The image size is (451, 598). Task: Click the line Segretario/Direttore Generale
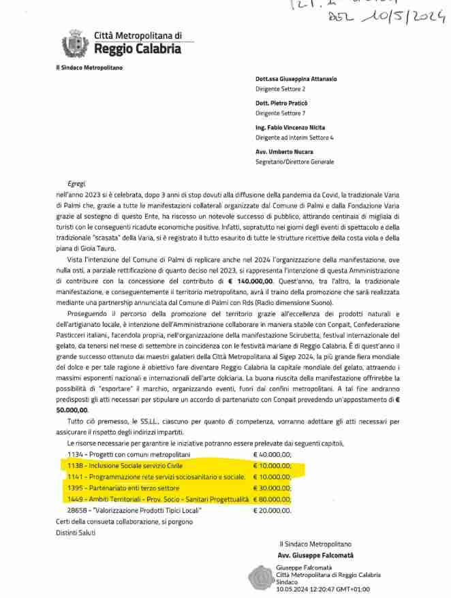pos(294,161)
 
